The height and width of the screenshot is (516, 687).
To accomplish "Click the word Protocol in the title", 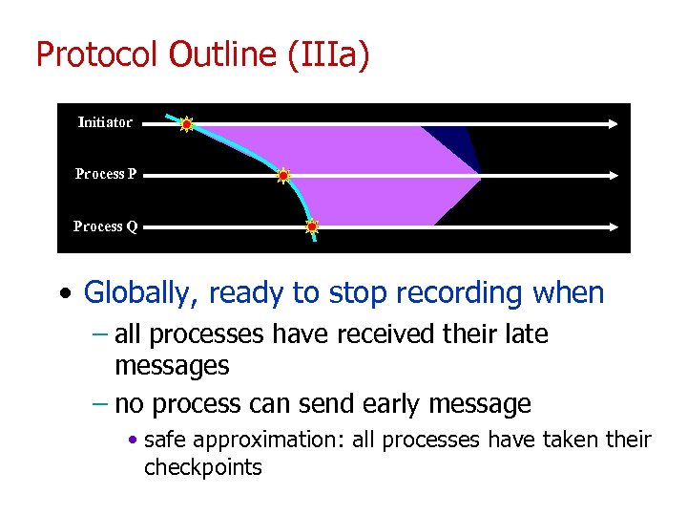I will click(x=97, y=54).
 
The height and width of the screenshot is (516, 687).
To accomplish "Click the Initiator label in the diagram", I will click(x=105, y=122).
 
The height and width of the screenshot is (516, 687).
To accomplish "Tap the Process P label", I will click(x=106, y=174).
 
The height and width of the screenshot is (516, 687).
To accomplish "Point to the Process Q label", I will click(x=106, y=226).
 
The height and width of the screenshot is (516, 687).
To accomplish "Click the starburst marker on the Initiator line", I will click(x=187, y=123).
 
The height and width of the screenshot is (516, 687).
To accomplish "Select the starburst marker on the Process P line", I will click(x=282, y=176).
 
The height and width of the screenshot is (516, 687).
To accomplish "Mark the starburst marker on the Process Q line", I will click(x=311, y=227).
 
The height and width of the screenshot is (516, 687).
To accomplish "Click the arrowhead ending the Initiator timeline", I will click(x=613, y=123).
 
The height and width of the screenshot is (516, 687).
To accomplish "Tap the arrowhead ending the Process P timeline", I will click(x=613, y=176).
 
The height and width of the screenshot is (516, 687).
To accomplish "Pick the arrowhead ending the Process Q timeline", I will click(x=613, y=227).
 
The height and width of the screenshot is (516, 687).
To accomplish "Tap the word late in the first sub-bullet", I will click(x=527, y=334).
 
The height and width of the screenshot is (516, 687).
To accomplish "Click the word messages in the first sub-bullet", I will click(x=172, y=365).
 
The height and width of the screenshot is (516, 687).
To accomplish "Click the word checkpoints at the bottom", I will click(x=202, y=467).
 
